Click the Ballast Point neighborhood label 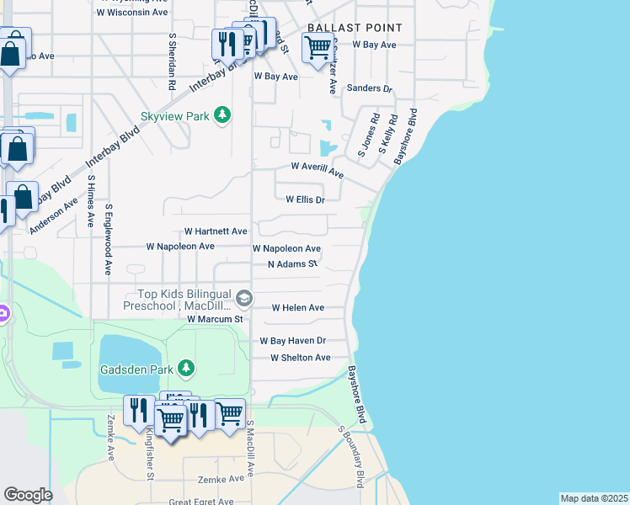pyautogui.click(x=355, y=28)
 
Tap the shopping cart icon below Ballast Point pyautogui.click(x=317, y=49)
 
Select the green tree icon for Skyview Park pyautogui.click(x=222, y=114)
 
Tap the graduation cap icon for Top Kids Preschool pyautogui.click(x=244, y=298)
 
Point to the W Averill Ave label pyautogui.click(x=318, y=170)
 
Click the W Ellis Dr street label pyautogui.click(x=305, y=200)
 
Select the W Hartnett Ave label pyautogui.click(x=216, y=231)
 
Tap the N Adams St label pyautogui.click(x=292, y=264)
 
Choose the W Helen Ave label pyautogui.click(x=297, y=308)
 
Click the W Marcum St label pyautogui.click(x=215, y=320)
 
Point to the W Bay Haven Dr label pyautogui.click(x=292, y=341)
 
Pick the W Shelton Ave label pyautogui.click(x=300, y=358)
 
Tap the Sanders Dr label pyautogui.click(x=370, y=88)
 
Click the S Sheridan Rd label pyautogui.click(x=171, y=61)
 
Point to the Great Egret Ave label pyautogui.click(x=201, y=502)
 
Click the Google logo pyautogui.click(x=28, y=494)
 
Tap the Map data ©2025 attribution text pyautogui.click(x=594, y=498)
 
